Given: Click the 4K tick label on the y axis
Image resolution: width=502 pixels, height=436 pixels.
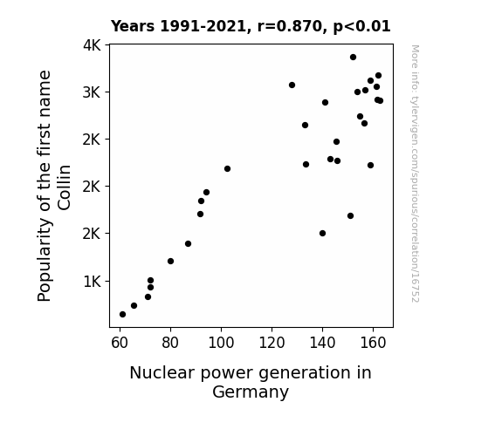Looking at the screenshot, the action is click(x=92, y=45).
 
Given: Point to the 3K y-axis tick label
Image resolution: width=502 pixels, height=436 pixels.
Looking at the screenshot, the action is click(x=92, y=92).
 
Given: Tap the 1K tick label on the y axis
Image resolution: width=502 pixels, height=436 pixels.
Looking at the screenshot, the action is click(x=93, y=282).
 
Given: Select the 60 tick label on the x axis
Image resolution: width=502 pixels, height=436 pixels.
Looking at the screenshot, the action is click(x=120, y=343).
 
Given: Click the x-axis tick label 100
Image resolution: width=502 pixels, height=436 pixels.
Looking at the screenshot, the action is click(x=221, y=343).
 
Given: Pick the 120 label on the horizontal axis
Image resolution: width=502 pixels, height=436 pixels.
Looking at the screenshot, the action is click(x=272, y=343).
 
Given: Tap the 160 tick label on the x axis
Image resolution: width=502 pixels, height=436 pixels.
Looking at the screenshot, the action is click(x=373, y=343).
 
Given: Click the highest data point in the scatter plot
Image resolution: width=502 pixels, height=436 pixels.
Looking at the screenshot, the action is click(x=353, y=58).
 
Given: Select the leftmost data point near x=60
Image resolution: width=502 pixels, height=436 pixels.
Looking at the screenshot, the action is click(x=122, y=315).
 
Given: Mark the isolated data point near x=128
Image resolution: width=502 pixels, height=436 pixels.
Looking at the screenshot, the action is click(x=292, y=85).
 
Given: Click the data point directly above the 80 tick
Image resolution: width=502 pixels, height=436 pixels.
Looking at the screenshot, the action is click(x=170, y=262).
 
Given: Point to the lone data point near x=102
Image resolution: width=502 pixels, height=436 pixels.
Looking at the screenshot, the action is click(x=227, y=169).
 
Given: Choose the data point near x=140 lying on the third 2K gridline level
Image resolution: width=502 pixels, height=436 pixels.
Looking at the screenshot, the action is click(x=323, y=234).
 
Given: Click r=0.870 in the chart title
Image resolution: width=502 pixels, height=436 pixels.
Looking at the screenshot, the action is click(x=290, y=26).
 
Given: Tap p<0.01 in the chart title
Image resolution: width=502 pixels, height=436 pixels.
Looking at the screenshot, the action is click(x=361, y=26).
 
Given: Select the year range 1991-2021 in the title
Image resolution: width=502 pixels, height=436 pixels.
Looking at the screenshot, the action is click(x=203, y=26).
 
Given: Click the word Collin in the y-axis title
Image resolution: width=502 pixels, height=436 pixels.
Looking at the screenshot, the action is click(x=64, y=187).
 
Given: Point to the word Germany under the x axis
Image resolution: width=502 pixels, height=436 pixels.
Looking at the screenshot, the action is click(x=251, y=392).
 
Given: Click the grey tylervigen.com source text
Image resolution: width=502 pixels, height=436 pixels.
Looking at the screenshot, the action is click(x=415, y=174).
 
